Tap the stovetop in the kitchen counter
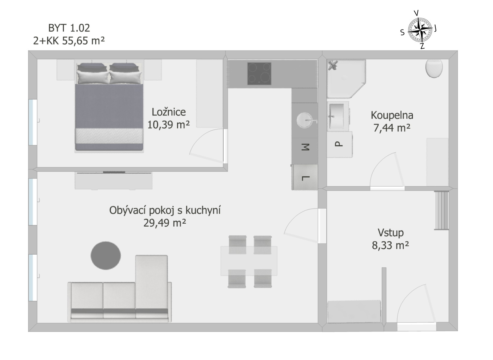259,74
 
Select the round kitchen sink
304,120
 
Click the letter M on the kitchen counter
305,147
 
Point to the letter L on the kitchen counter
305,178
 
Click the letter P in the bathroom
339,144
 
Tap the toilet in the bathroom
434,68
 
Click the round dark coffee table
106,256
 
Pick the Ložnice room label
169,112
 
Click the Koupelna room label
392,115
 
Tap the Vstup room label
391,233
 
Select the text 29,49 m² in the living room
165,223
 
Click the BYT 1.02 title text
69,28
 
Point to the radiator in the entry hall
441,211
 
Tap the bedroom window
33,122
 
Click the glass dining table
249,261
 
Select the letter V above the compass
416,13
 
